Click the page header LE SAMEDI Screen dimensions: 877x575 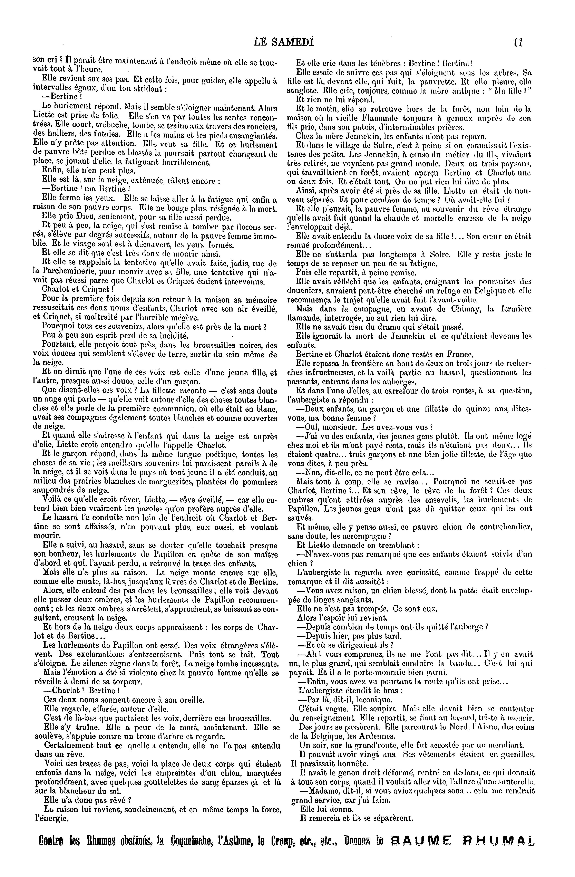[284, 42]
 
